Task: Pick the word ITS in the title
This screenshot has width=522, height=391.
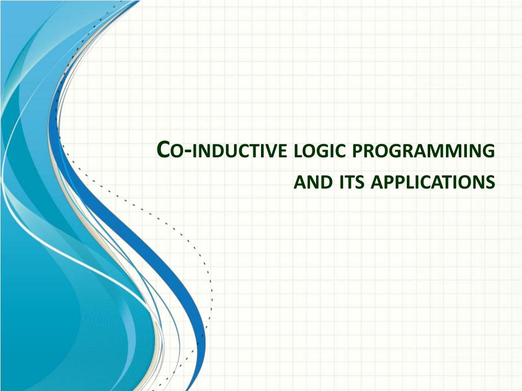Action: point(351,181)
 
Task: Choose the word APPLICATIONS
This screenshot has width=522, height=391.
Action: point(433,182)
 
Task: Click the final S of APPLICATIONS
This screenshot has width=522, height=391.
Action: point(490,182)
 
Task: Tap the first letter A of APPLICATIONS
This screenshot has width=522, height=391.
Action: point(376,182)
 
